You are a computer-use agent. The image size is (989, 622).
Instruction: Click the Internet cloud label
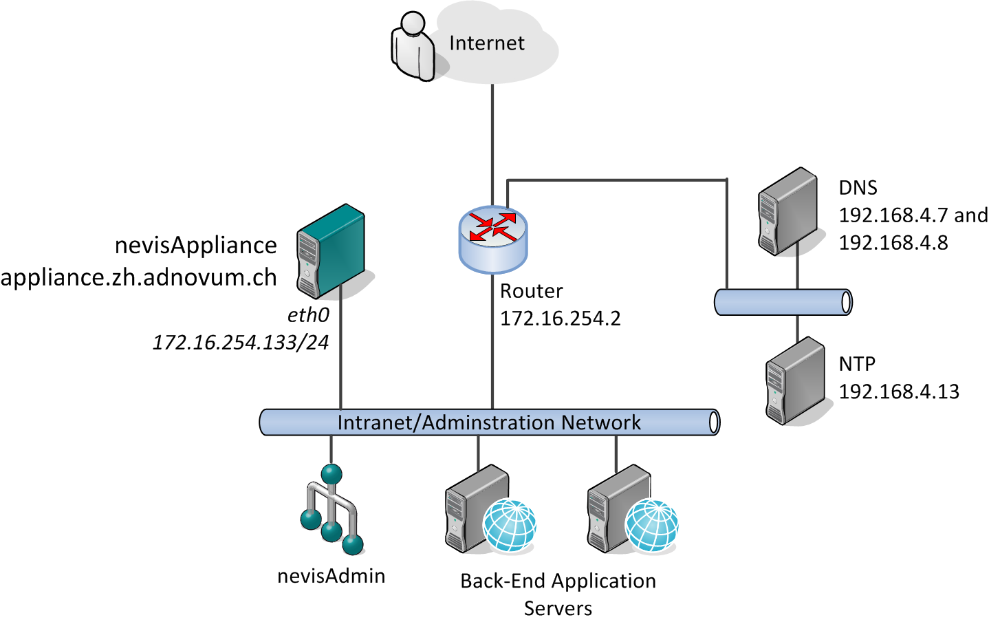[486, 43]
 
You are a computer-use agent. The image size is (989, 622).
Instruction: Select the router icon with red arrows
[492, 238]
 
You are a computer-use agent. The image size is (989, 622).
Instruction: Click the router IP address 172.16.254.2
[560, 319]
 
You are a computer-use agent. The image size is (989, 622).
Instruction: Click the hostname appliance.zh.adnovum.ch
[138, 277]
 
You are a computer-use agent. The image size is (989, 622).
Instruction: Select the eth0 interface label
[308, 315]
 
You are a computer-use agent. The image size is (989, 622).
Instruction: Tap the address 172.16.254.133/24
[241, 342]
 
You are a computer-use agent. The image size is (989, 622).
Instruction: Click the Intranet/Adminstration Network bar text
[489, 422]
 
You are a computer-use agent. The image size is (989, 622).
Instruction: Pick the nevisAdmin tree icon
[332, 510]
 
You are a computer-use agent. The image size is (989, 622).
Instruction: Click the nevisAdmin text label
[331, 576]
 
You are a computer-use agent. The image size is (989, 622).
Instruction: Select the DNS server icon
[787, 211]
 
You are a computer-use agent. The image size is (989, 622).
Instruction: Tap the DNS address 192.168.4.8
[893, 243]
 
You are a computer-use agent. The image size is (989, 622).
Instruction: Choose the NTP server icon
[795, 380]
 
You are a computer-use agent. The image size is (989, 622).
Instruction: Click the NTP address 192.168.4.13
[898, 392]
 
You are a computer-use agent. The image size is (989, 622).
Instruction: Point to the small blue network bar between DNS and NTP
[783, 302]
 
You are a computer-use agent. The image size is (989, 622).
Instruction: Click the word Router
[531, 291]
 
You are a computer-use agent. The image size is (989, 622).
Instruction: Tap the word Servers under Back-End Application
[558, 608]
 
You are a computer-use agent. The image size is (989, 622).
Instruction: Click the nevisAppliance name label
[196, 245]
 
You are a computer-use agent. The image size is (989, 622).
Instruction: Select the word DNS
[858, 188]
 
